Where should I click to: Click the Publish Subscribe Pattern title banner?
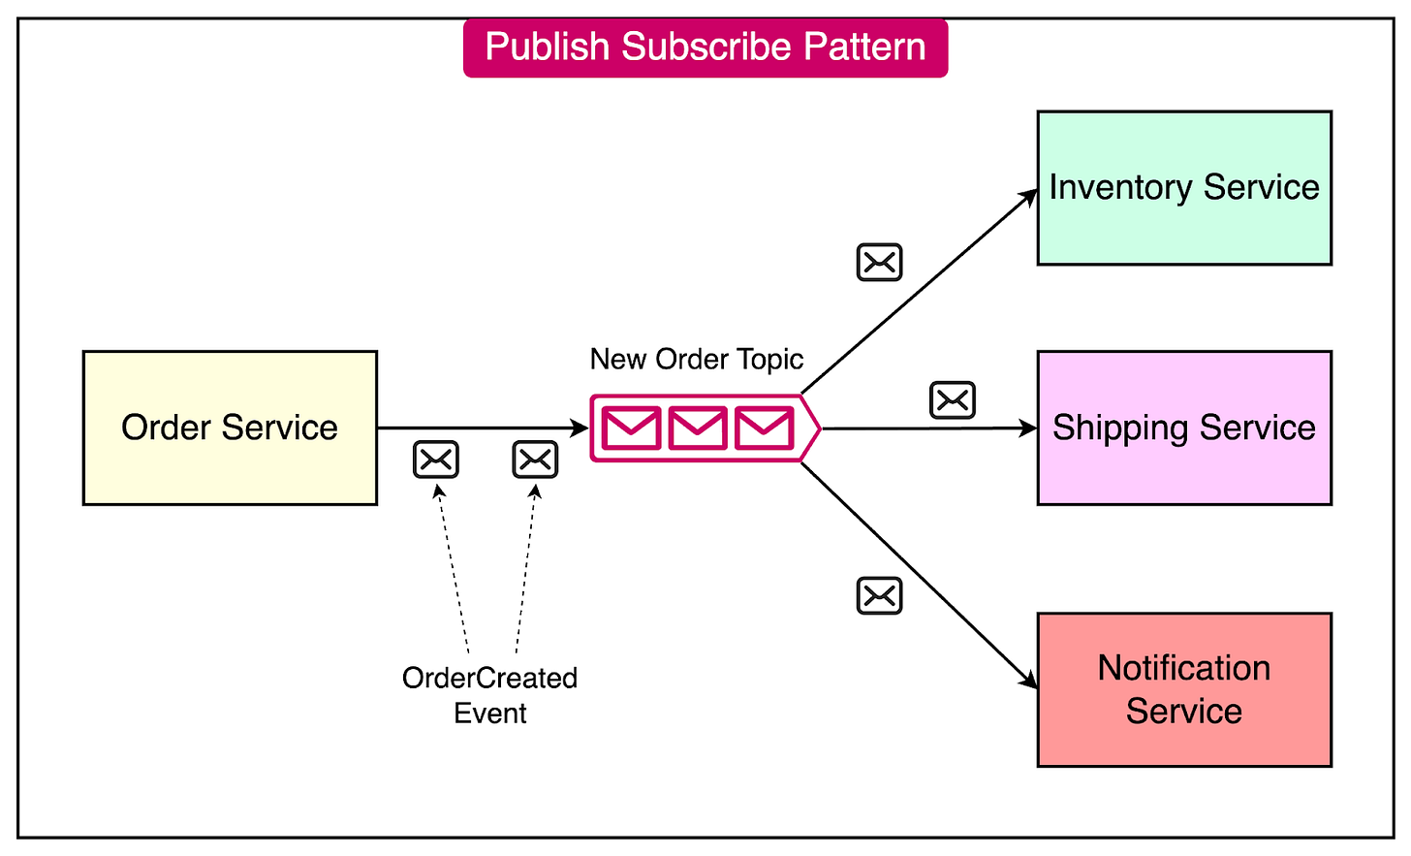click(x=705, y=48)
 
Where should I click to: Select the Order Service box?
click(x=230, y=428)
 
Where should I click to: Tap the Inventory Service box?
click(x=1184, y=188)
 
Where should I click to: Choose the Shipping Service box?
click(x=1184, y=428)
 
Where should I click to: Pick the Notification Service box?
click(x=1184, y=689)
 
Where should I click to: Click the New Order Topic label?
click(x=697, y=360)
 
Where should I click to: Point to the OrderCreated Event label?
click(x=489, y=694)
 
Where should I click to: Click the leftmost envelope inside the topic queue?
click(x=632, y=428)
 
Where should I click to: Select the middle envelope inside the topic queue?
click(x=698, y=428)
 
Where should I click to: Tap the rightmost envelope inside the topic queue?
click(x=764, y=428)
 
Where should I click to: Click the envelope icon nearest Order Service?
click(x=436, y=460)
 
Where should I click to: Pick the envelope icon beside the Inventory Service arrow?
click(x=880, y=263)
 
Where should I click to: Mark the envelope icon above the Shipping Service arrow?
click(x=953, y=400)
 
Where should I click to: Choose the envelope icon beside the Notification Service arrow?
click(x=880, y=596)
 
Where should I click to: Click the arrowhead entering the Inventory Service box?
click(x=1031, y=196)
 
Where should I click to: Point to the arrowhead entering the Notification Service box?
click(x=1030, y=682)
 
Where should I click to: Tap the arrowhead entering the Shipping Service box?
click(x=1029, y=428)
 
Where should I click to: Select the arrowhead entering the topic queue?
click(x=580, y=428)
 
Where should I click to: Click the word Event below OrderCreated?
click(x=490, y=713)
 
